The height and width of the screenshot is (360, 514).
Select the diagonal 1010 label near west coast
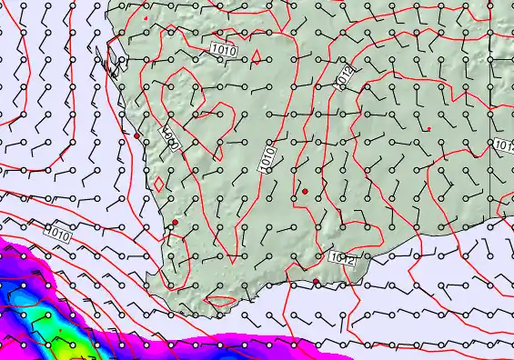tap(170, 139)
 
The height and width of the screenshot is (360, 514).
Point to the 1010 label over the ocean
tap(56, 233)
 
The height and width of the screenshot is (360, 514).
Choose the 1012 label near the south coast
tap(341, 260)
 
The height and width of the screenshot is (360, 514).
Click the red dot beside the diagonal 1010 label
tap(136, 136)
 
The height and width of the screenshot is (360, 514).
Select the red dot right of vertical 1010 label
tap(306, 190)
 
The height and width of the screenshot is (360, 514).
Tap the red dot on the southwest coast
tap(175, 222)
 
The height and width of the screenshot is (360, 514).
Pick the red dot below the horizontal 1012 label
tap(316, 282)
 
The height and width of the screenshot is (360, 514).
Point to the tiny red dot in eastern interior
tap(428, 129)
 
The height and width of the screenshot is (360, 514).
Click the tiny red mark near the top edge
tap(146, 17)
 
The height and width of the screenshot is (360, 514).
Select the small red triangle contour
tap(257, 56)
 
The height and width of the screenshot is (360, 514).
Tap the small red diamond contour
tap(159, 183)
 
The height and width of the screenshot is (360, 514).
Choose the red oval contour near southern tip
tap(220, 301)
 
